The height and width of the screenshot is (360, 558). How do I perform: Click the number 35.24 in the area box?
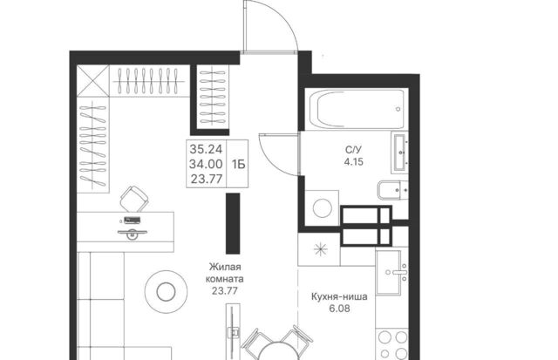[x=206, y=148]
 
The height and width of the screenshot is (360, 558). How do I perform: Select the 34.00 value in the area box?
[x=206, y=164]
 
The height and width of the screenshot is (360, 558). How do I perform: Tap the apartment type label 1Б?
[x=238, y=165]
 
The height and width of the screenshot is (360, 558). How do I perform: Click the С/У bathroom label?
[x=353, y=150]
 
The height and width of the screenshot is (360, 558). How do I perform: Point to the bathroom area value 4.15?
[x=353, y=162]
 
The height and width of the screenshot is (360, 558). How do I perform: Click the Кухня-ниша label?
[x=339, y=296]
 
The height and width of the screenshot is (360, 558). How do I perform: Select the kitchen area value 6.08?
[x=339, y=309]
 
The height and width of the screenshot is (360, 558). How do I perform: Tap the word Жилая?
[x=225, y=267]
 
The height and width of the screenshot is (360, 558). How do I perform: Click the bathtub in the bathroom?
[x=357, y=108]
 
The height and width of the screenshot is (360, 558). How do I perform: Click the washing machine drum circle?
[x=323, y=207]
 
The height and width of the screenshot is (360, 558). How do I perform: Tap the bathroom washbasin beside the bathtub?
[x=399, y=153]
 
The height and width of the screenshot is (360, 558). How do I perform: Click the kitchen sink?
[x=391, y=273]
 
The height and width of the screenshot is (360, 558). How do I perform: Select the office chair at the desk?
[x=133, y=200]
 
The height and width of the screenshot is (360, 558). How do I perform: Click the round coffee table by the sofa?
[x=166, y=292]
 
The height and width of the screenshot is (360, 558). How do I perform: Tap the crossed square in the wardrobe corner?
[x=93, y=81]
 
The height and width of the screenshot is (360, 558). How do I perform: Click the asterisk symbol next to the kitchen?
[x=320, y=249]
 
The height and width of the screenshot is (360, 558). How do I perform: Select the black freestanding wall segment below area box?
[x=233, y=223]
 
